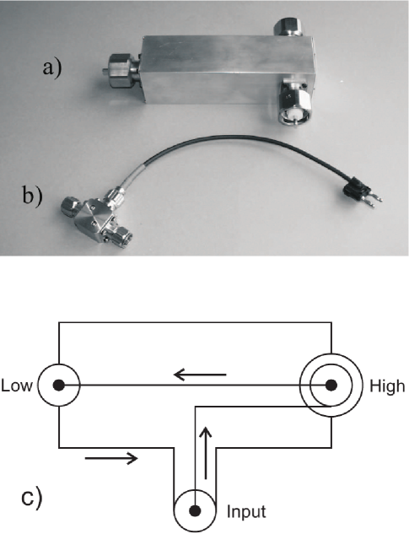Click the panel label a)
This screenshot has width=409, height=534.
pyautogui.click(x=52, y=68)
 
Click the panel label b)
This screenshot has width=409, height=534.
pyautogui.click(x=33, y=196)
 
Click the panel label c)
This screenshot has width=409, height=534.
pyautogui.click(x=32, y=498)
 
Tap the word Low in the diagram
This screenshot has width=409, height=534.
pyautogui.click(x=17, y=386)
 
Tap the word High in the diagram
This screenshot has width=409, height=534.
pyautogui.click(x=387, y=386)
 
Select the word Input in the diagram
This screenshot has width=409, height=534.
pyautogui.click(x=246, y=512)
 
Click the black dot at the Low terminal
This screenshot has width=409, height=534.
pyautogui.click(x=58, y=386)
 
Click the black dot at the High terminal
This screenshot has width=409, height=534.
pyautogui.click(x=331, y=386)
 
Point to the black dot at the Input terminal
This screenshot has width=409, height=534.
pyautogui.click(x=195, y=510)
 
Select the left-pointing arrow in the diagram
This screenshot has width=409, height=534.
pyautogui.click(x=200, y=375)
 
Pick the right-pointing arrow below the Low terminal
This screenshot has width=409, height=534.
pyautogui.click(x=111, y=458)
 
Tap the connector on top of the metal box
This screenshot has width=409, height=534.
pyautogui.click(x=288, y=26)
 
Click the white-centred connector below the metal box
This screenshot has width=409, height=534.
pyautogui.click(x=292, y=103)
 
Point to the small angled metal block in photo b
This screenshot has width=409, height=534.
pyautogui.click(x=94, y=219)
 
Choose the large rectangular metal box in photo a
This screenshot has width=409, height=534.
pyautogui.click(x=228, y=69)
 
